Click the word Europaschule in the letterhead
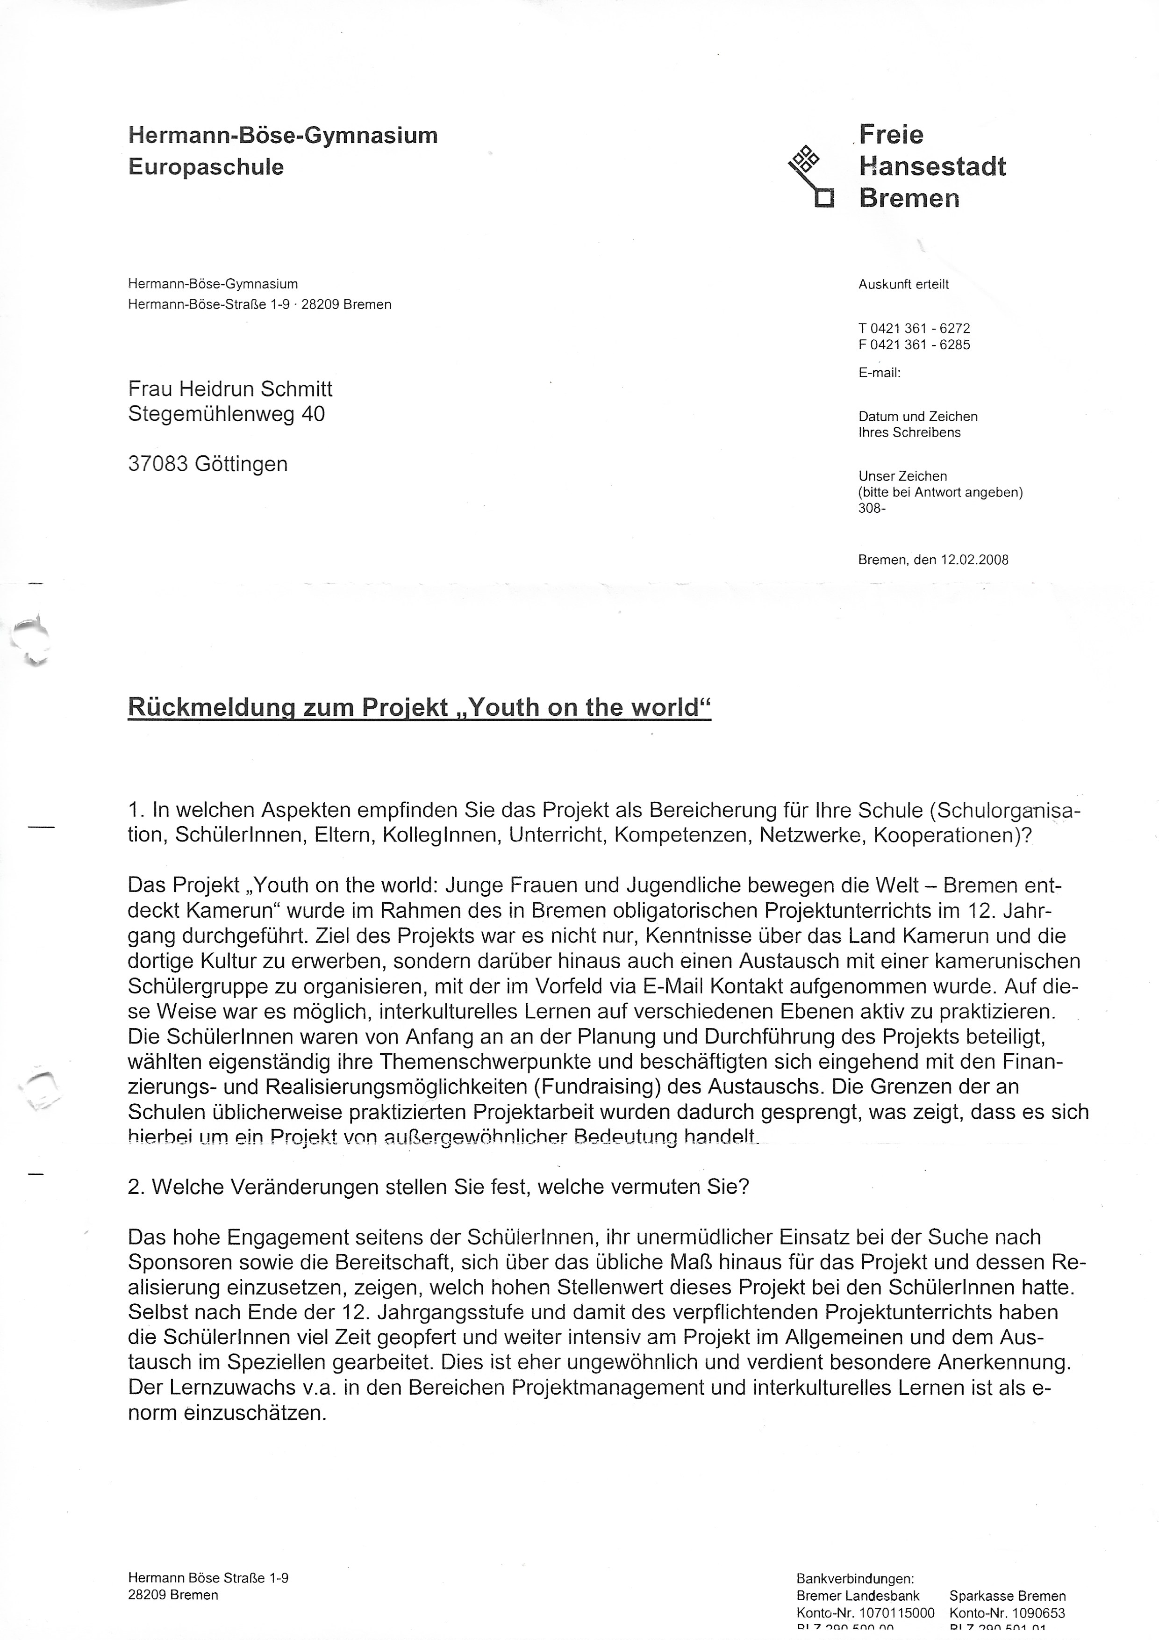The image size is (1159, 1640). pos(206,167)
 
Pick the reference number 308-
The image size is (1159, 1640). pos(871,509)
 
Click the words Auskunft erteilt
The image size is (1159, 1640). pos(903,284)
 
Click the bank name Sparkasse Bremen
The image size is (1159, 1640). pos(1007,1596)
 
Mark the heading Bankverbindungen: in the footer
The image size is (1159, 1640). pos(855,1579)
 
